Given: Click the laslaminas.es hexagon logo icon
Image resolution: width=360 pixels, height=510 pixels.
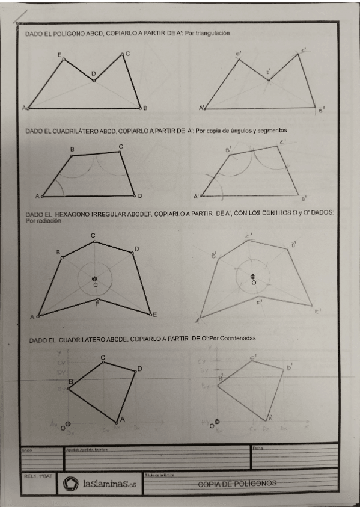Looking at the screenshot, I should tap(71, 483).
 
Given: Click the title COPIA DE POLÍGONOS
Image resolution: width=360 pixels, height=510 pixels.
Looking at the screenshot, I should tap(237, 483).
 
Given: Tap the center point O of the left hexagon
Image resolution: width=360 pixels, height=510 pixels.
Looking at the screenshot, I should tap(94, 278).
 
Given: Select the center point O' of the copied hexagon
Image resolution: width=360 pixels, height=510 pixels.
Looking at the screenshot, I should tap(253, 277).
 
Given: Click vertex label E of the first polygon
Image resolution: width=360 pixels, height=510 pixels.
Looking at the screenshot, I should tap(59, 55).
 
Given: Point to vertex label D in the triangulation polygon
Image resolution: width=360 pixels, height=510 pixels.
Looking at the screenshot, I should tap(93, 73).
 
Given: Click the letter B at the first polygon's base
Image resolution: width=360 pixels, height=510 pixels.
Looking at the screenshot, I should tap(145, 108).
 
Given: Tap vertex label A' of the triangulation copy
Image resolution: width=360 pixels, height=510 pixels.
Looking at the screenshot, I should tap(202, 108).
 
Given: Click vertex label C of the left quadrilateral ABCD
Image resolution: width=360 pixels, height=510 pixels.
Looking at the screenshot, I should tap(121, 146).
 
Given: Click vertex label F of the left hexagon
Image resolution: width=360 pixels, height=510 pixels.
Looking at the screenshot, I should tap(97, 305).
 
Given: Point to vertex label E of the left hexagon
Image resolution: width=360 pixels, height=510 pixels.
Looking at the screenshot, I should tap(155, 315).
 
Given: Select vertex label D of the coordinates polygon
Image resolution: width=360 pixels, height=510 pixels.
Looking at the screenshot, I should tap(139, 369).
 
